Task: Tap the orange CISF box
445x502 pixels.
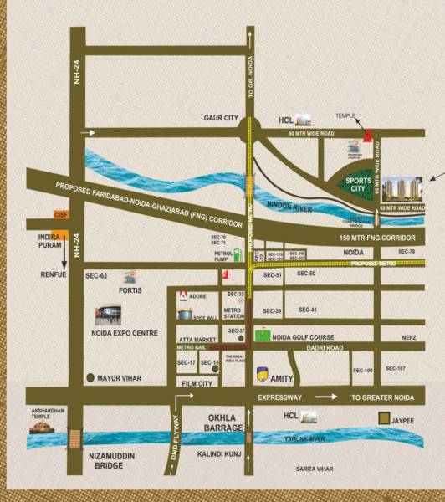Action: click(x=59, y=215)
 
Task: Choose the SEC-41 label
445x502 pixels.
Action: click(x=308, y=310)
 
